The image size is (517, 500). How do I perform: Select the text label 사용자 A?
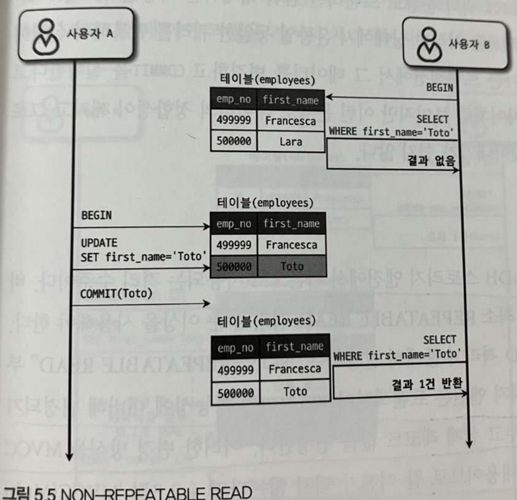pos(90,34)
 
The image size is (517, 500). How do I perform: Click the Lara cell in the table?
pos(290,142)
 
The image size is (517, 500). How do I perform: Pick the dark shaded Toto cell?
pos(291,267)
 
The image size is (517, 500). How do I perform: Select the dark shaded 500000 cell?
pos(233,267)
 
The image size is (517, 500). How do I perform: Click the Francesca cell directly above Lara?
pos(291,121)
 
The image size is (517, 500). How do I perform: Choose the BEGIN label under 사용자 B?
pos(440,88)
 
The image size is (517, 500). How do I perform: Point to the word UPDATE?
pos(99,243)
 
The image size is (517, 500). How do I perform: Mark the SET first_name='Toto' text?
pos(142,256)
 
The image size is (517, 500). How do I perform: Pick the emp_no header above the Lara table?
pos(234,99)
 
